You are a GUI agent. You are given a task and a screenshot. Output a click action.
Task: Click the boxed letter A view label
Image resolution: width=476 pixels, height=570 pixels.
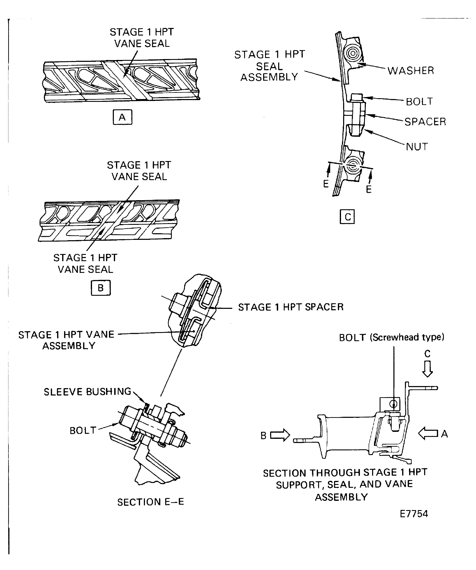coord(122,117)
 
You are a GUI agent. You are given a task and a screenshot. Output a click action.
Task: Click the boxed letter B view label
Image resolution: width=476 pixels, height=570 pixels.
coord(101,288)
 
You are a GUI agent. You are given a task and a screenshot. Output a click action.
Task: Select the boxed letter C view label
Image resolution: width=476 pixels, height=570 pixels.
coord(347,217)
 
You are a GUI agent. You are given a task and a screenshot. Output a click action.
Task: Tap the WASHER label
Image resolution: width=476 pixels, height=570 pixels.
coord(411,71)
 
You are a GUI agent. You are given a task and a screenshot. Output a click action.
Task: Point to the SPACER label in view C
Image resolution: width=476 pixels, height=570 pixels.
coord(425,122)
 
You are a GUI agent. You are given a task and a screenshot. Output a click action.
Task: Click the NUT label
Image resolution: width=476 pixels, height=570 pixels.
coord(417,147)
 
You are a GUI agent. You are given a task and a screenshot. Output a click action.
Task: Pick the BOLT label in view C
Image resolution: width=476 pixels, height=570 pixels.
coord(419,101)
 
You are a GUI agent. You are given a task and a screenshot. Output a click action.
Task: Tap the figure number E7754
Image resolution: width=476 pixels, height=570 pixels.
coord(414,514)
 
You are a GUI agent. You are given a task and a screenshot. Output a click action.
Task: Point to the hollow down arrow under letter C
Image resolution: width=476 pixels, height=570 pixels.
coord(427,369)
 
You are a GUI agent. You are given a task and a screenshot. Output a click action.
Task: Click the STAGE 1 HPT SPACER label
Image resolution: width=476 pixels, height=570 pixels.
coord(291,307)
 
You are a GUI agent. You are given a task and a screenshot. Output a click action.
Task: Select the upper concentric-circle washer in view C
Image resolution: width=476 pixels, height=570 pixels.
coord(353,53)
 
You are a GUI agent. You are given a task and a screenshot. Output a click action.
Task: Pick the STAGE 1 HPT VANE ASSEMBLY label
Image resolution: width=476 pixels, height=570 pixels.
coord(66,340)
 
